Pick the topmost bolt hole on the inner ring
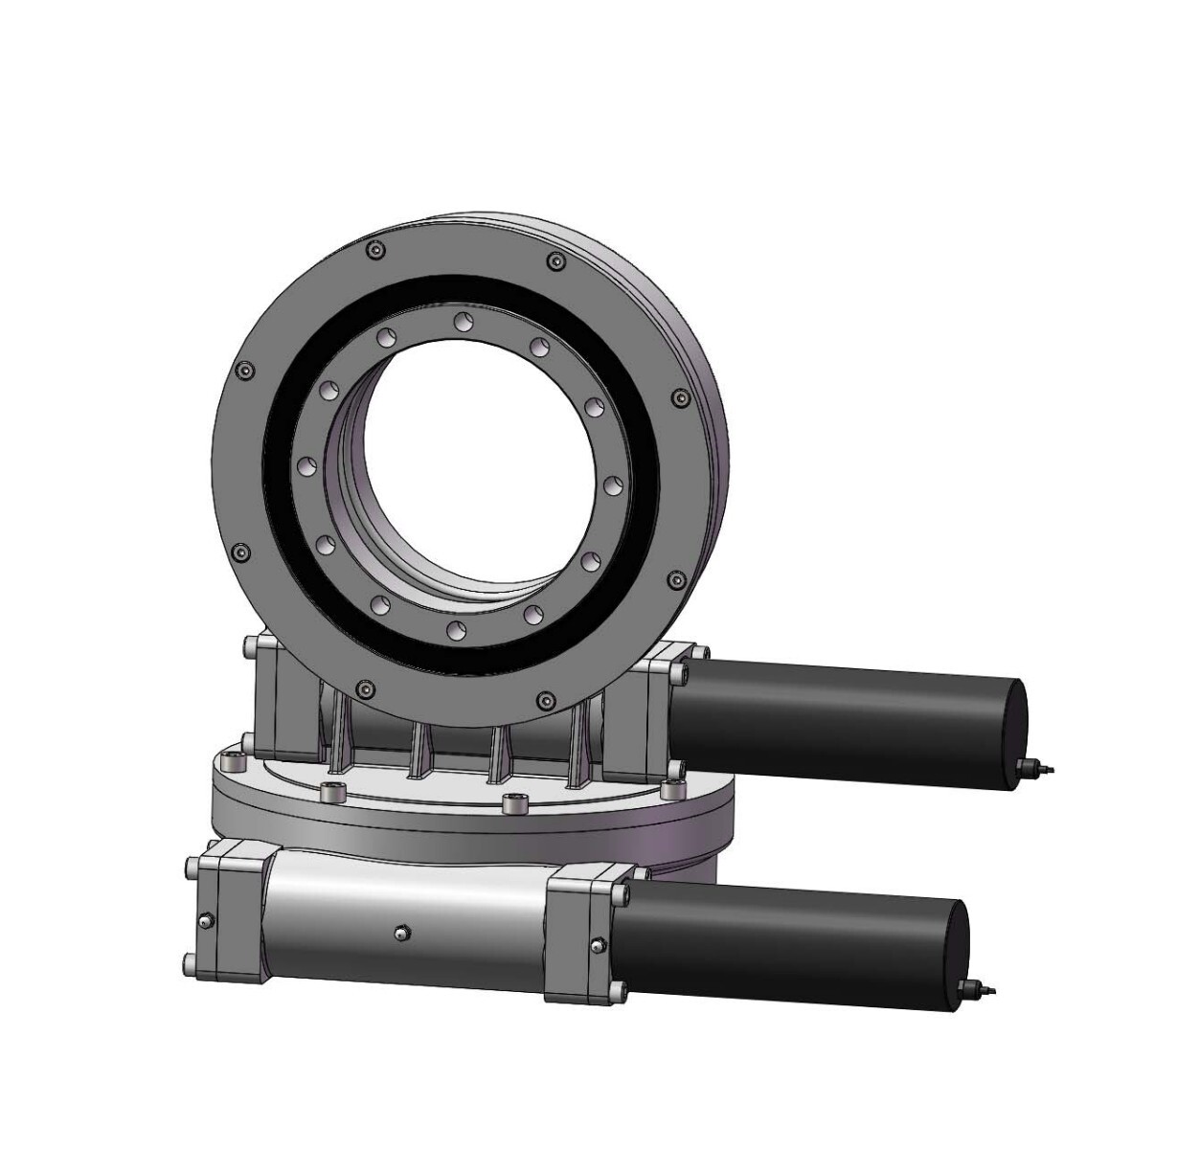tap(463, 319)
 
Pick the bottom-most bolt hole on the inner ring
tap(453, 628)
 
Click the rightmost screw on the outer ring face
tap(681, 397)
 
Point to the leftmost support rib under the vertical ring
tap(340, 737)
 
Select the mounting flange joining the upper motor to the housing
tap(661, 713)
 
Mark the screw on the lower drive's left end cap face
tap(204, 922)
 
